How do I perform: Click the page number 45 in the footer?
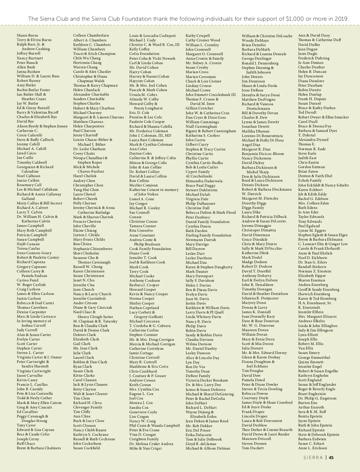pos(331,458)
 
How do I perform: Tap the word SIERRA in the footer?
pos(313,458)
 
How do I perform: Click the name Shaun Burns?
pos(27,35)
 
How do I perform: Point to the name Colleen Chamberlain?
pos(91,35)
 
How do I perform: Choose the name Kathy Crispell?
pos(198,36)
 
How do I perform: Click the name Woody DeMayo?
pos(255,40)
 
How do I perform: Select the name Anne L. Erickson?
pos(312,448)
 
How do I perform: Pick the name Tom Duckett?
pos(253,448)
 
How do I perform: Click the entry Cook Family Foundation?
pos(150,249)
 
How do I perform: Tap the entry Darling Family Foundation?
pos(208,235)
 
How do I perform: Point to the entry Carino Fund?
pos(28,280)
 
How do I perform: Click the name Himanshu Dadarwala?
pos(204,181)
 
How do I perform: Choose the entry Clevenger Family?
pos(88,407)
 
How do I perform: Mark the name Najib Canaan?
pos(28,244)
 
